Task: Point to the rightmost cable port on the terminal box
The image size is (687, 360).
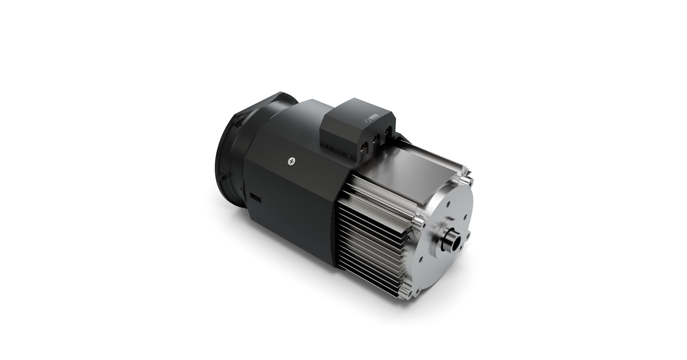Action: click(387, 131)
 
